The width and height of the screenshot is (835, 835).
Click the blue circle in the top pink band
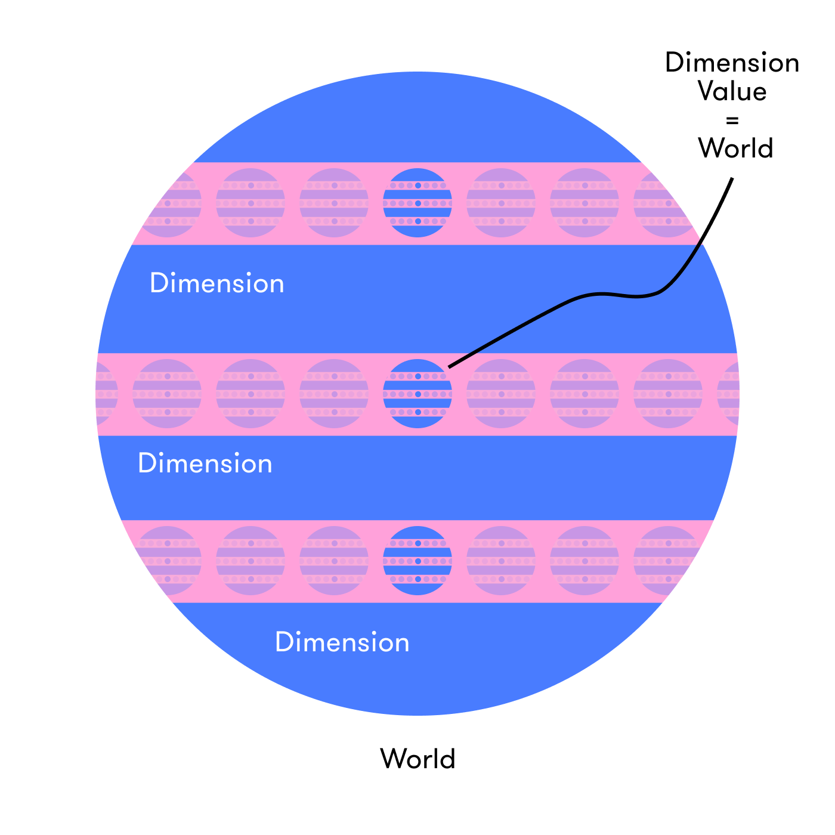point(417,203)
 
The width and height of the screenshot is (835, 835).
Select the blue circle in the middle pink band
point(417,394)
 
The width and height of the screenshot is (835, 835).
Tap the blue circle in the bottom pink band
point(417,561)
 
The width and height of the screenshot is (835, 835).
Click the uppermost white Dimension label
point(217,283)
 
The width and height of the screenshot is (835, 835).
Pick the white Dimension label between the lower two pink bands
point(205,463)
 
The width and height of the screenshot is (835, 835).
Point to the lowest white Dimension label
point(342,642)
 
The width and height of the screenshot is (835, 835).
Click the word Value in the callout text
point(732,91)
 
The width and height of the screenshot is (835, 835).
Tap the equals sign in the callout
point(732,120)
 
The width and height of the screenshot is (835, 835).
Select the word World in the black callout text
point(736,148)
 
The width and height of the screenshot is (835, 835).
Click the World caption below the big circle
point(417,759)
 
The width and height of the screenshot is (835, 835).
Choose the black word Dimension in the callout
point(732,63)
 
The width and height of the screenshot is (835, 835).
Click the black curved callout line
point(602,294)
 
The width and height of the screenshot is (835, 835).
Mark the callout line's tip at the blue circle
point(450,366)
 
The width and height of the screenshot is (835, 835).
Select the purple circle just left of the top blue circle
point(334,203)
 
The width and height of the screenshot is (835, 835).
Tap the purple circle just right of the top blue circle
point(501,203)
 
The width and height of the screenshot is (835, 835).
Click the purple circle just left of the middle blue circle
point(334,394)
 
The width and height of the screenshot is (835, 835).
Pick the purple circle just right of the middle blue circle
point(501,394)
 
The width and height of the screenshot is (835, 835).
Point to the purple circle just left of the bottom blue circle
point(334,561)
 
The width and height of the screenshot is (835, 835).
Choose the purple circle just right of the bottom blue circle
point(501,561)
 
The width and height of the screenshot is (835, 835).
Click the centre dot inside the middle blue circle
point(417,394)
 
